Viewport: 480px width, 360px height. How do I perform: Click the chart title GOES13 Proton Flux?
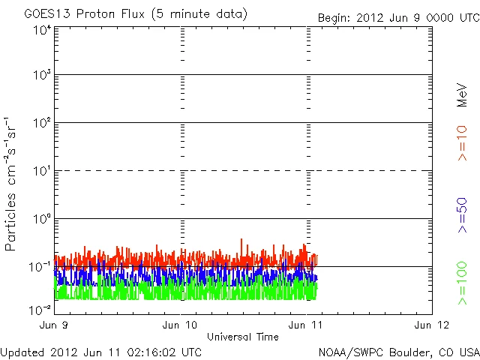tap(136, 13)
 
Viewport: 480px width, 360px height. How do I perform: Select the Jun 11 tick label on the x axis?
tap(308, 325)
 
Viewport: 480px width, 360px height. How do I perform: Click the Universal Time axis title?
tap(243, 337)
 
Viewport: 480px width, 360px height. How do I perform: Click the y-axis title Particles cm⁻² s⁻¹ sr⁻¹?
tap(13, 184)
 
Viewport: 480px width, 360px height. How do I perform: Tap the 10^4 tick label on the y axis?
tap(42, 31)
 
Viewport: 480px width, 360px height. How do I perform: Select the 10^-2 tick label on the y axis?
tap(40, 310)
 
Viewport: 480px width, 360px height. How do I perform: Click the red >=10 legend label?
tap(462, 142)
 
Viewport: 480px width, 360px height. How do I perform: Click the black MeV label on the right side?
tap(462, 94)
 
